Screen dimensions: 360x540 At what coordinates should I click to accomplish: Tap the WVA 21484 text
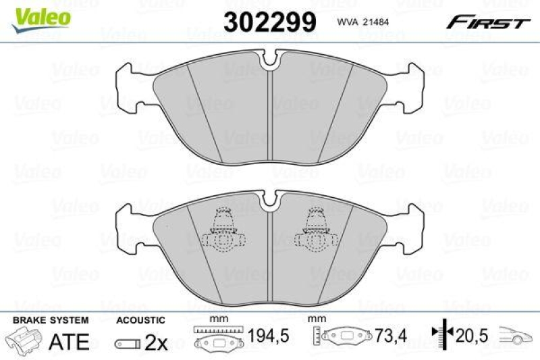(x=361, y=23)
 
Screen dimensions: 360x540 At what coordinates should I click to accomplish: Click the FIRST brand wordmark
(x=486, y=23)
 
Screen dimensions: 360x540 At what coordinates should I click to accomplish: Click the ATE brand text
(x=70, y=342)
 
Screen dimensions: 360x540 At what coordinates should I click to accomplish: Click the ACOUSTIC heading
(x=140, y=320)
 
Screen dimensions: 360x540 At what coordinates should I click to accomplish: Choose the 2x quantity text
(x=156, y=342)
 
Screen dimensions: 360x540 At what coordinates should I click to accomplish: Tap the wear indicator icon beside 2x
(x=128, y=344)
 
